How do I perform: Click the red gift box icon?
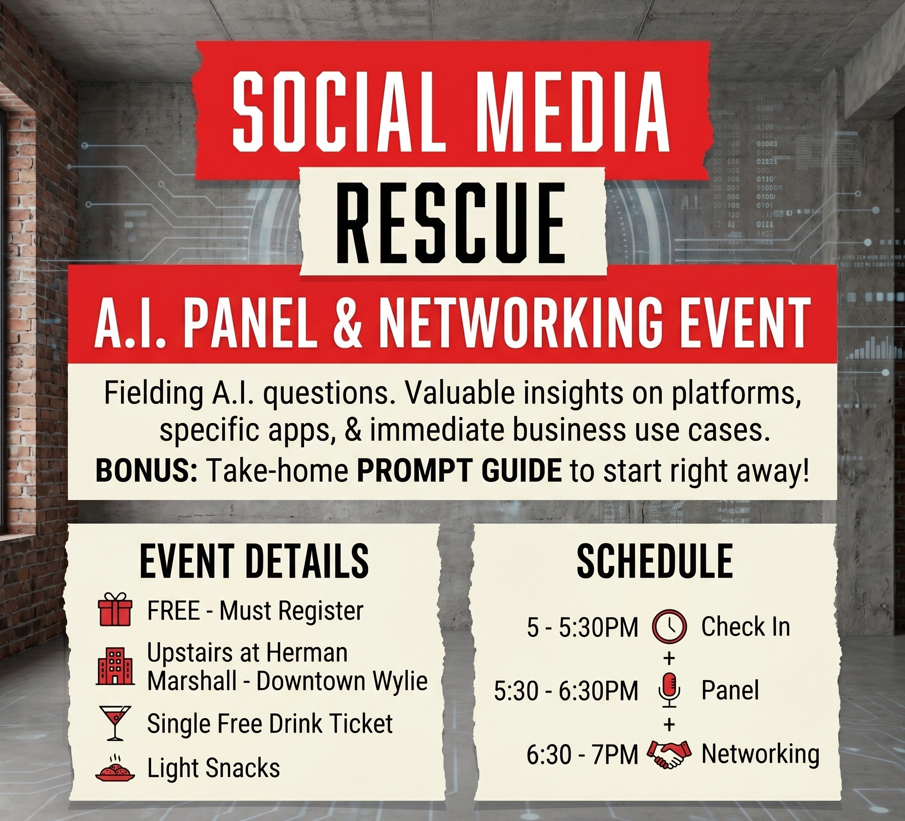[115, 609]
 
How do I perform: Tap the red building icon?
[115, 666]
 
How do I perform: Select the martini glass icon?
[115, 723]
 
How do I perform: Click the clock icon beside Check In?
[669, 626]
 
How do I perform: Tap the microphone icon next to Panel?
[669, 689]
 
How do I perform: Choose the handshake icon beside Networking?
[669, 753]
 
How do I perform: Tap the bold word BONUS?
[146, 471]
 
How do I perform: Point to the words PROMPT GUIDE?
[459, 471]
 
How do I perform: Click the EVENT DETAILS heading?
[254, 561]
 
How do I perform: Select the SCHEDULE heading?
[655, 561]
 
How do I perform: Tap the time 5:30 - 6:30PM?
[566, 690]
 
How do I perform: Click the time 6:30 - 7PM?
[582, 754]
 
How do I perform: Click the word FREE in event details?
[173, 611]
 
